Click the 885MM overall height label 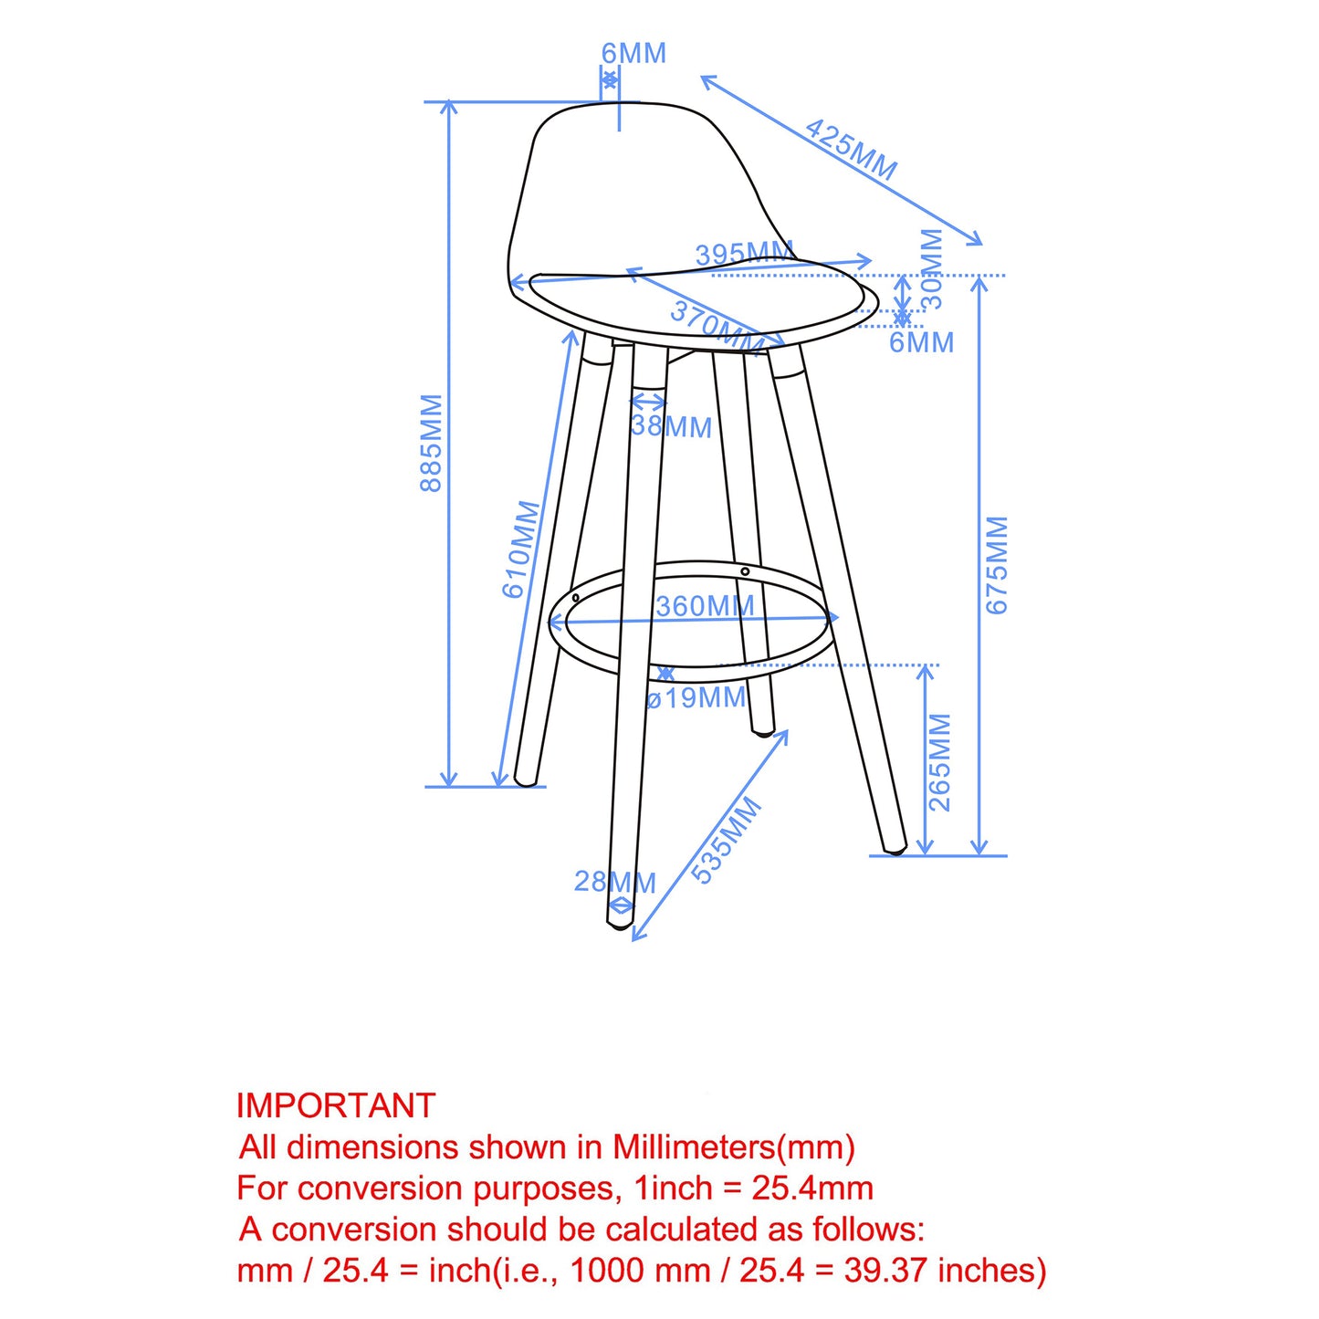point(431,443)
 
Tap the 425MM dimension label point(851,149)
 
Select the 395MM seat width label point(744,254)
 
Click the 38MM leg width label point(671,425)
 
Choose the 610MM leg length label point(521,549)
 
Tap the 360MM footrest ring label point(705,606)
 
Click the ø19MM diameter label point(696,698)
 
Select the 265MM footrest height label point(939,762)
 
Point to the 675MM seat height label point(997,564)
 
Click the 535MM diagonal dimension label point(726,840)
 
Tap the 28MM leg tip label point(614,882)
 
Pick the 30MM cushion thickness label point(931,268)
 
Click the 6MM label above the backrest point(633,53)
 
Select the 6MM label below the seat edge point(921,342)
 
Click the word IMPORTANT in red point(336,1105)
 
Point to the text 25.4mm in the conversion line point(812,1188)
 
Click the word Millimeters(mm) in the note point(733,1146)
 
